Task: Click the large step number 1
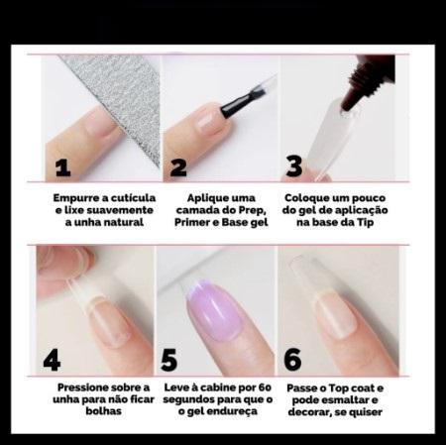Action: [x=62, y=167]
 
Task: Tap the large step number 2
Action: [x=178, y=167]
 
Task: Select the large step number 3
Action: [x=294, y=166]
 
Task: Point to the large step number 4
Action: [x=52, y=361]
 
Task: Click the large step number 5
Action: [x=168, y=360]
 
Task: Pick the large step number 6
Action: [x=292, y=360]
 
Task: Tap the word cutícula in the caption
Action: [x=133, y=198]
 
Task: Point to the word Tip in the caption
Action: [x=365, y=222]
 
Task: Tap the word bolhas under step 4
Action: [x=103, y=411]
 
